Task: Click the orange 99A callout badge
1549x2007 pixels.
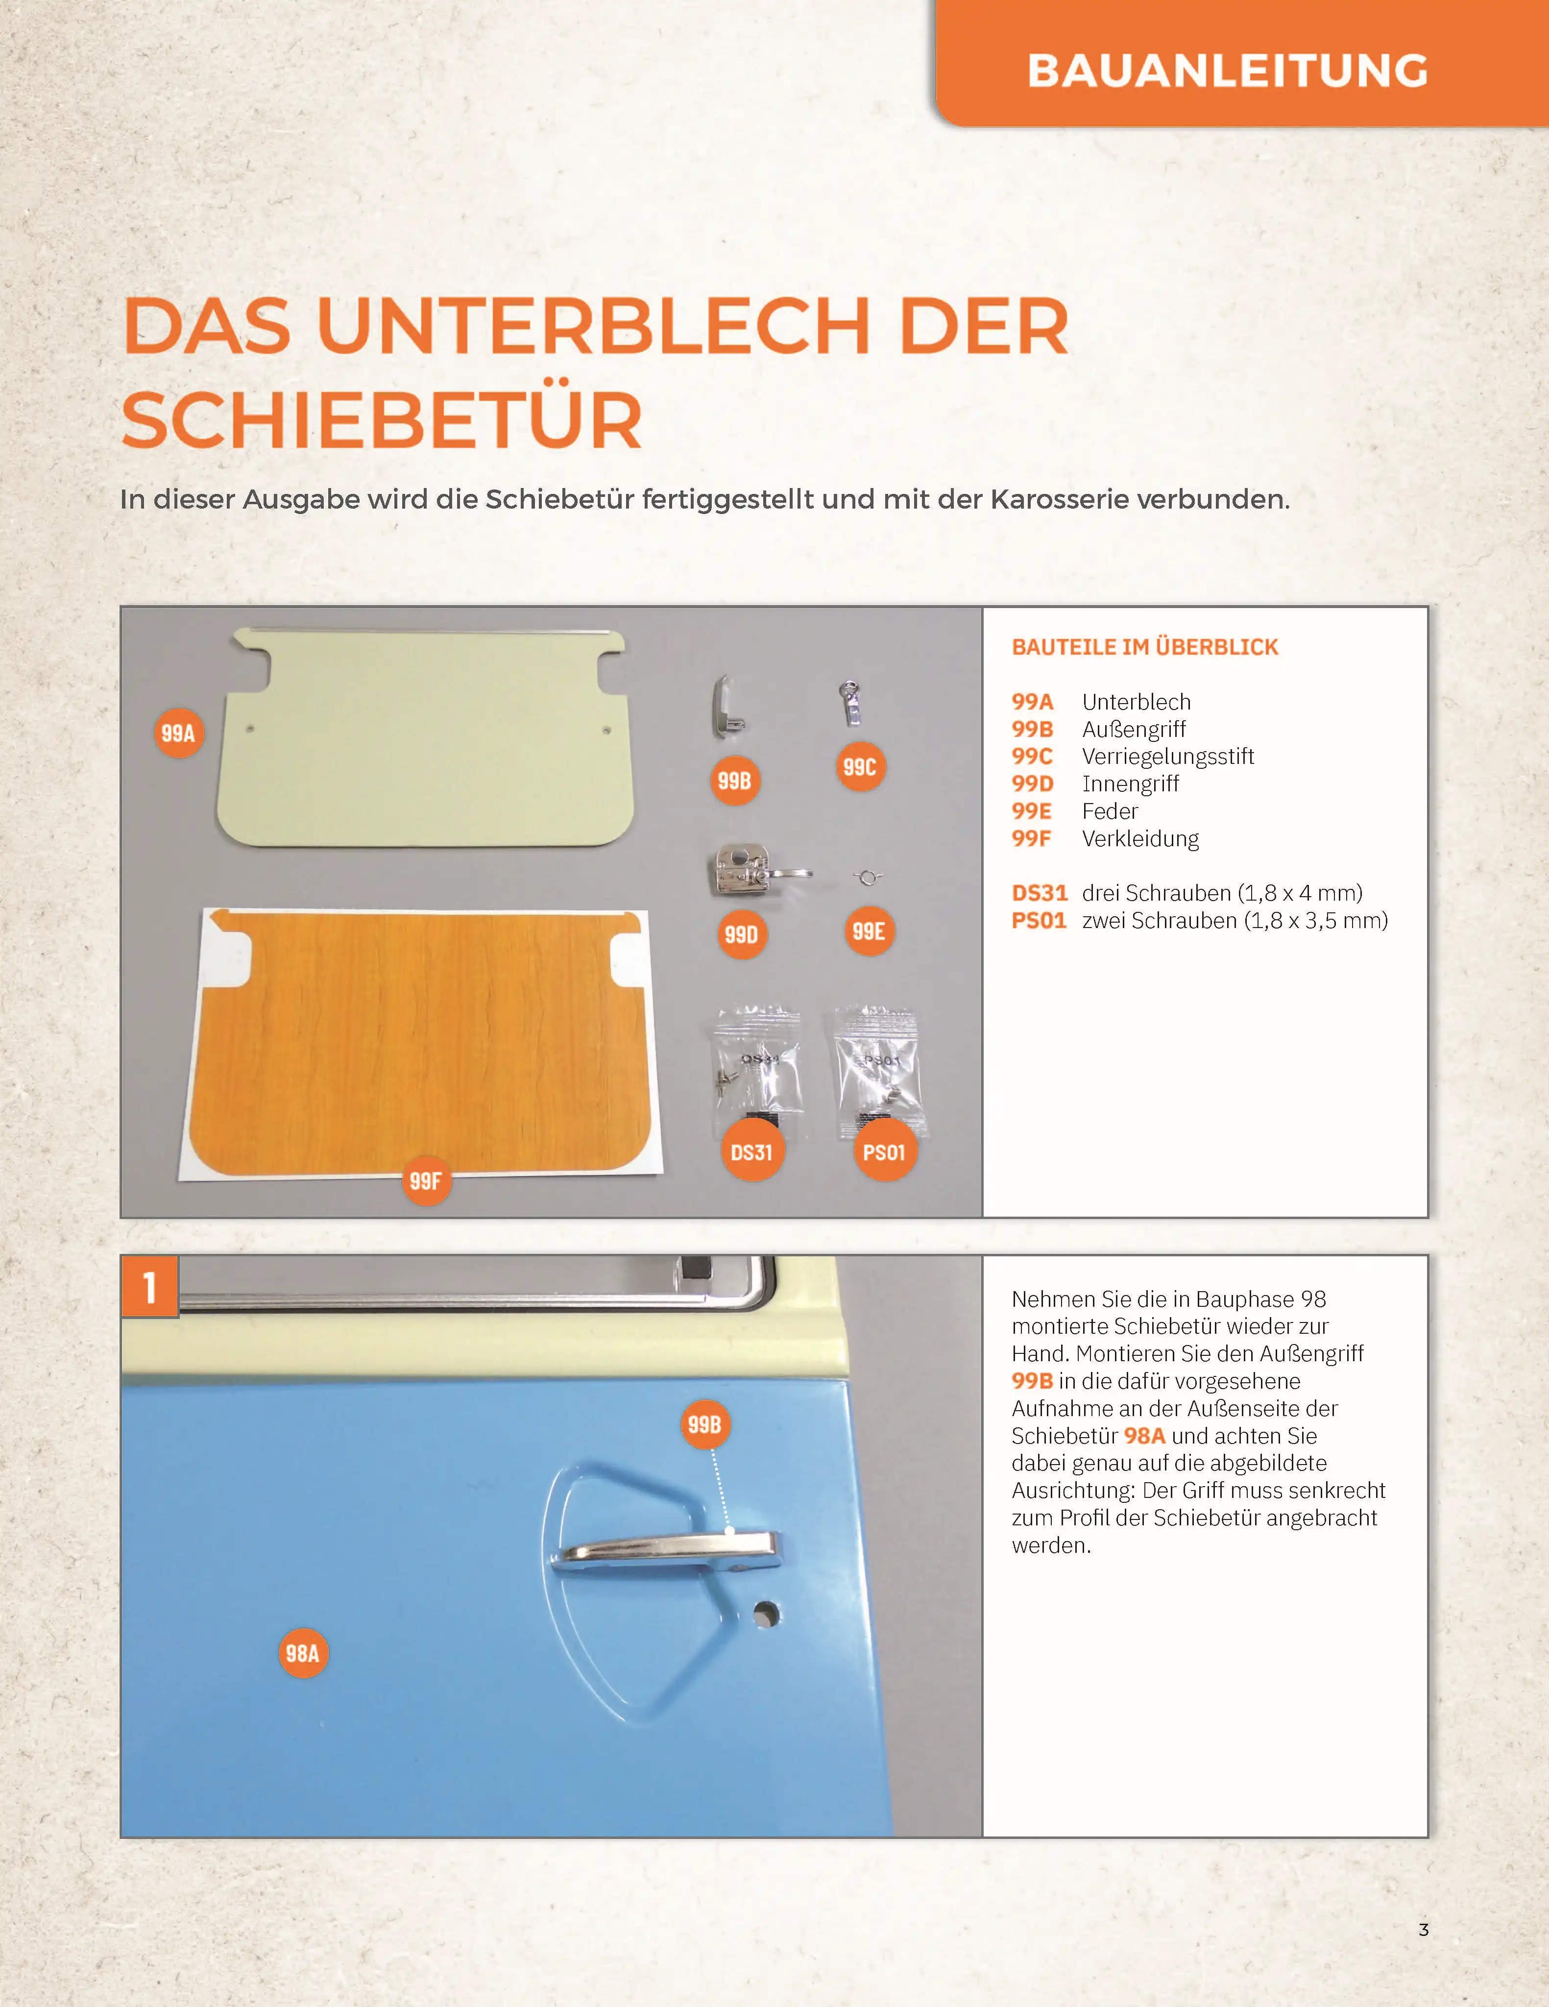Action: point(178,733)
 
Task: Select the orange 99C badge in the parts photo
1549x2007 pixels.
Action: point(860,766)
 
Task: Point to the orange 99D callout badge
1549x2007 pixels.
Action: point(741,933)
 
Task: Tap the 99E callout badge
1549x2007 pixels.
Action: point(868,931)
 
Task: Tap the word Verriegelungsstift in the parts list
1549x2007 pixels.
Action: point(1168,757)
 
